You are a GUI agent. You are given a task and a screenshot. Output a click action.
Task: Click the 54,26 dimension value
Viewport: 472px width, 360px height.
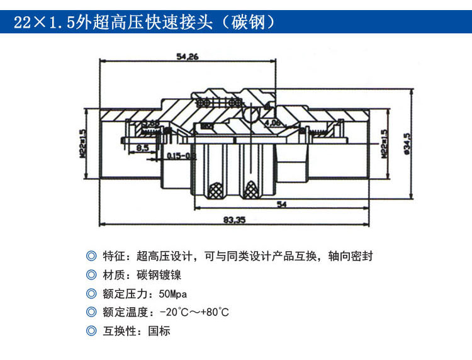point(188,57)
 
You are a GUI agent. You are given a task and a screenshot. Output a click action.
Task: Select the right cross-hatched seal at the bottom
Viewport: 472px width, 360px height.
point(252,188)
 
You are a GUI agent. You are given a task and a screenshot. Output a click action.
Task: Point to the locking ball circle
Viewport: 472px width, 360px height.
point(250,113)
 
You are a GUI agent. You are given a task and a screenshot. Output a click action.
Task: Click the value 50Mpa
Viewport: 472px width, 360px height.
point(173,294)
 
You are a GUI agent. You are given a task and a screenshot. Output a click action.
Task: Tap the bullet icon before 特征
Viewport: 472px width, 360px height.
point(93,256)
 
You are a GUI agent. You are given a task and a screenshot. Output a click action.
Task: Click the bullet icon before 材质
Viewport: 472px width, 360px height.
point(93,275)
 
